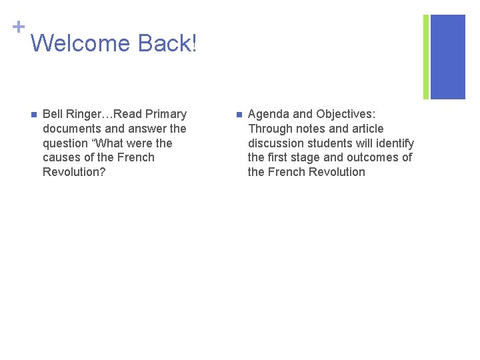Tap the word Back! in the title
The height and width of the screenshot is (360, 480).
point(167,43)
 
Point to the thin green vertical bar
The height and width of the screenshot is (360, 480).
point(426,57)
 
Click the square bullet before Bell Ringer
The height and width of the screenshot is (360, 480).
point(33,115)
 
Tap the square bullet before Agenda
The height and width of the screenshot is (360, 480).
point(239,115)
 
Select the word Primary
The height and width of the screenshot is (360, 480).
point(165,114)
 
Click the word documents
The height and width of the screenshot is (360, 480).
point(73,129)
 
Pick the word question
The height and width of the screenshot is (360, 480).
point(67,143)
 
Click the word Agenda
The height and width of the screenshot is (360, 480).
point(268,114)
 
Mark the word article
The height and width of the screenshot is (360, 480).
point(365,129)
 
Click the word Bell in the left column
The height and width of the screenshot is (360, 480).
point(53,114)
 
